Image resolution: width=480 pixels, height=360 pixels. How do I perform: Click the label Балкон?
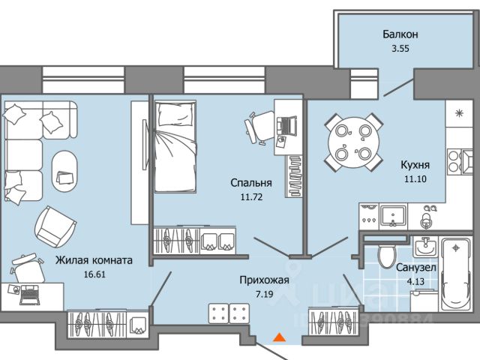tap(400, 34)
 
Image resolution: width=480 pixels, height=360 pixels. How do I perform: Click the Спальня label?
tap(250, 182)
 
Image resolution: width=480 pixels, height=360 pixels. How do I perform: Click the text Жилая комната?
tap(94, 261)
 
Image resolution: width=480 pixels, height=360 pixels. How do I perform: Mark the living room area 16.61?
tap(94, 274)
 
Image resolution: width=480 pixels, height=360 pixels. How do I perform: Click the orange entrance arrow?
tap(278, 338)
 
